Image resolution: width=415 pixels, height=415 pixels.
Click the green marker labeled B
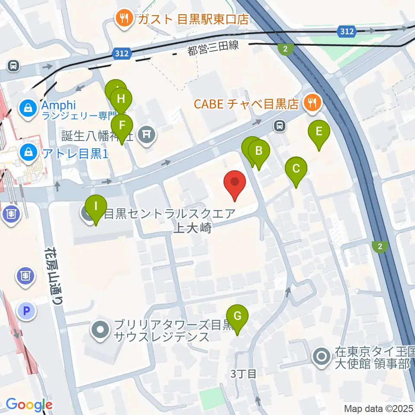pos(259,151)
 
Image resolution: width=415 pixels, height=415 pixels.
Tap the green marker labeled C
pos(296,169)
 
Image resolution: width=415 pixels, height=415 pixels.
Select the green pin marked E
pos(319,131)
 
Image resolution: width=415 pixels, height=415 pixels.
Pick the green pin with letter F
pos(122,126)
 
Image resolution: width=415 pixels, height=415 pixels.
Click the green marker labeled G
pos(237,316)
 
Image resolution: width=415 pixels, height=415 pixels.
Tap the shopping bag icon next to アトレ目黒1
pos(28,152)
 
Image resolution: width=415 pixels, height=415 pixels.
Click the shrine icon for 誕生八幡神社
pos(146,135)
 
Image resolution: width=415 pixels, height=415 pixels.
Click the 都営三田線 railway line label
pos(213,48)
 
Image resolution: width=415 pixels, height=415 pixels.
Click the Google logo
pos(29,405)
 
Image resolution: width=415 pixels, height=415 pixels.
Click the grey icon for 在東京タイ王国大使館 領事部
pos(322,357)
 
